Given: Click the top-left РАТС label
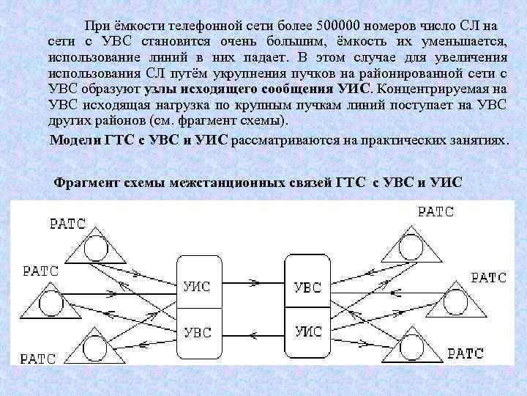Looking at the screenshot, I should [x=68, y=223].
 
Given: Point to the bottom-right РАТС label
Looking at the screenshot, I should [x=466, y=353].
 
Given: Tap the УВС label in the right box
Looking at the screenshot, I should [x=307, y=287].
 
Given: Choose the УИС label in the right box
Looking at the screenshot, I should [x=307, y=331].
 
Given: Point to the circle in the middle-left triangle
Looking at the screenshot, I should [x=49, y=300].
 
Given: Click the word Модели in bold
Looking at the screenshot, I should [x=74, y=140].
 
